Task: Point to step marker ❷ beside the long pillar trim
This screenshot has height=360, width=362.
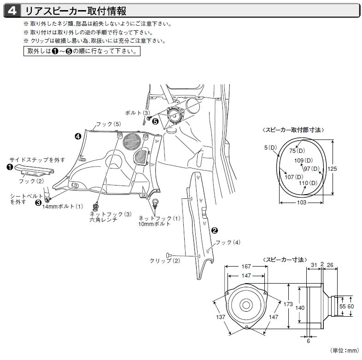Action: [x=214, y=229]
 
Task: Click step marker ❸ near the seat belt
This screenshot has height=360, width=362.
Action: [x=38, y=202]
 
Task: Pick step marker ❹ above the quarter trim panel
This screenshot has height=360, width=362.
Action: [x=78, y=136]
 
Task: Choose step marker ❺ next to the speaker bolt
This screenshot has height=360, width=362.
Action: [x=155, y=122]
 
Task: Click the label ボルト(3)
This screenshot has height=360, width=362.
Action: [x=138, y=112]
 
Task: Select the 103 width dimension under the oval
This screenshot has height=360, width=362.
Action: [x=301, y=203]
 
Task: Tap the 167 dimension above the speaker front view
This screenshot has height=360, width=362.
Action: [x=246, y=267]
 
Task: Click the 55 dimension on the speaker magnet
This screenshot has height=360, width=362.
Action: [x=342, y=306]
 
